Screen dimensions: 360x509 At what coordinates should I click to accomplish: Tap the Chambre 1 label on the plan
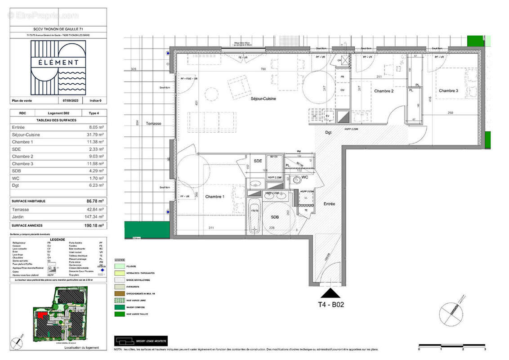[x=214, y=197]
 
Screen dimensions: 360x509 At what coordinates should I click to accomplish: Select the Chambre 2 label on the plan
[x=384, y=91]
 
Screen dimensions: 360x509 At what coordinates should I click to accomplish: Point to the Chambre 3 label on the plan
[x=448, y=91]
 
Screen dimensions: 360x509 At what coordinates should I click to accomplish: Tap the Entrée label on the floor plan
[x=329, y=204]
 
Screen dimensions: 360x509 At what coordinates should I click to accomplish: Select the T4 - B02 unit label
[x=331, y=304]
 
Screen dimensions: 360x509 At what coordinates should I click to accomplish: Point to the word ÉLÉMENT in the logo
[x=58, y=63]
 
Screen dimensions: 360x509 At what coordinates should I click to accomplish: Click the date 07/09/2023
[x=70, y=101]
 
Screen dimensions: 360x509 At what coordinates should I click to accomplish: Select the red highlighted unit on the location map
[x=41, y=315]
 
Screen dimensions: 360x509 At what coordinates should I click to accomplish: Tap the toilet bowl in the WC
[x=297, y=180]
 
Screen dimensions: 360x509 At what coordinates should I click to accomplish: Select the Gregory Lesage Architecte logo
[x=141, y=340]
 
